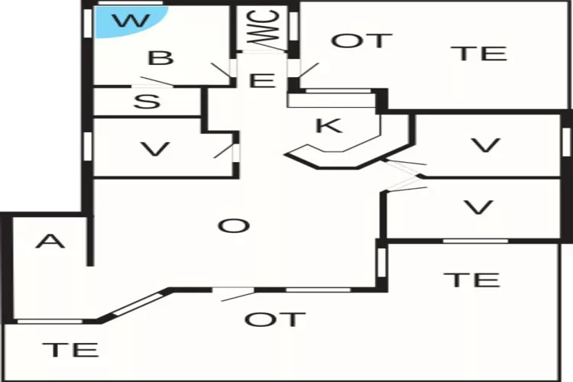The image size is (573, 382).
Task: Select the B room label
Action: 160,58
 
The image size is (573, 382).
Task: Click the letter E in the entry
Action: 262,79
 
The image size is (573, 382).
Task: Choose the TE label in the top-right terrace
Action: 478,53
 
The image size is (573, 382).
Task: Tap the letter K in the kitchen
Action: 329,126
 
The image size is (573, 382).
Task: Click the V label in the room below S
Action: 156,149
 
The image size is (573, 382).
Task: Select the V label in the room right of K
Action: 484,145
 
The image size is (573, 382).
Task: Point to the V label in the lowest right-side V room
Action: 478,207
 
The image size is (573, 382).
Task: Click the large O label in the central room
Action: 233,225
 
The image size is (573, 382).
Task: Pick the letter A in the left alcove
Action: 50,241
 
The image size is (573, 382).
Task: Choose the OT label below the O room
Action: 275,319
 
